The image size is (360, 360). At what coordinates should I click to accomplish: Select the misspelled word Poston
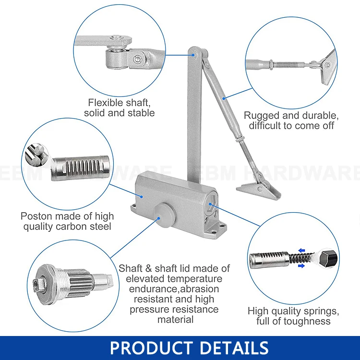[36, 216]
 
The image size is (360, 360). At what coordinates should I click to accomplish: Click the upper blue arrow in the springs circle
[301, 250]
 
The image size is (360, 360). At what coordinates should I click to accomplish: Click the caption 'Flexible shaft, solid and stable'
[119, 108]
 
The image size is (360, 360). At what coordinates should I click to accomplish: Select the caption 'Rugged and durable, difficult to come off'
[291, 120]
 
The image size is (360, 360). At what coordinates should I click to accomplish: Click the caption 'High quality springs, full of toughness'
[293, 316]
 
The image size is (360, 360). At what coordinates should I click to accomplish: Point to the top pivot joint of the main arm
[194, 54]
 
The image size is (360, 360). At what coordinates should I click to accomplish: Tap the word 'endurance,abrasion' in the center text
[174, 289]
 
